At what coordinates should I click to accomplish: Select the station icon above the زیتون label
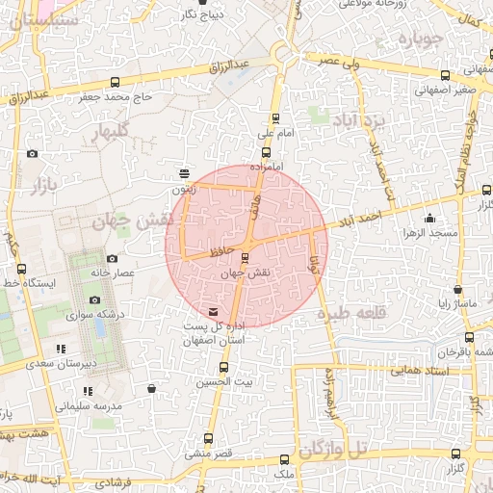(184, 174)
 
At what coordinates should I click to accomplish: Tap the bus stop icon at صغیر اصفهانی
(444, 75)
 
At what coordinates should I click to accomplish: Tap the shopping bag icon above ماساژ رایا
(457, 289)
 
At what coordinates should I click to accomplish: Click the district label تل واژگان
(332, 449)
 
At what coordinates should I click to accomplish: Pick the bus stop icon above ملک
(282, 459)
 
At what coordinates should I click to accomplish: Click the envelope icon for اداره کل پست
(213, 312)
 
